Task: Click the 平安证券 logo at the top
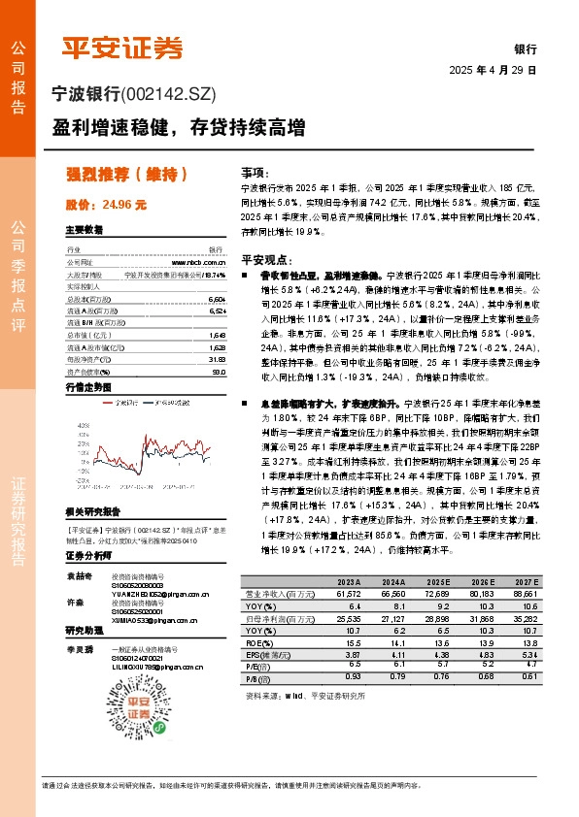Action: (x=121, y=48)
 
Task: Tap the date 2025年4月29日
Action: (x=493, y=71)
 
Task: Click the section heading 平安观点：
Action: (x=266, y=260)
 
